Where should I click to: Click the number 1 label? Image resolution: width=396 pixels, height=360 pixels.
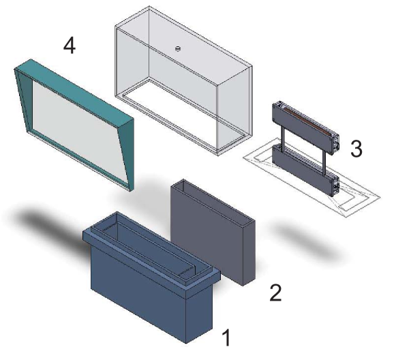coord(228,337)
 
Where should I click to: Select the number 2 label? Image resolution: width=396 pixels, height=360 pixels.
coord(275,292)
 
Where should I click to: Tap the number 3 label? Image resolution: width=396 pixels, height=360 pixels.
coord(356,149)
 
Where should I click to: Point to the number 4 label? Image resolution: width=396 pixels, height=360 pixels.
coord(70,46)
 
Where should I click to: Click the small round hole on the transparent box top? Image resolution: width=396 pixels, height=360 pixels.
coord(177,48)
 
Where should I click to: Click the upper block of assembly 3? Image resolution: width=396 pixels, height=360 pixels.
coord(303,123)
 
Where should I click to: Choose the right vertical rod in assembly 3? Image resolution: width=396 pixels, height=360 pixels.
coord(322,155)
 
